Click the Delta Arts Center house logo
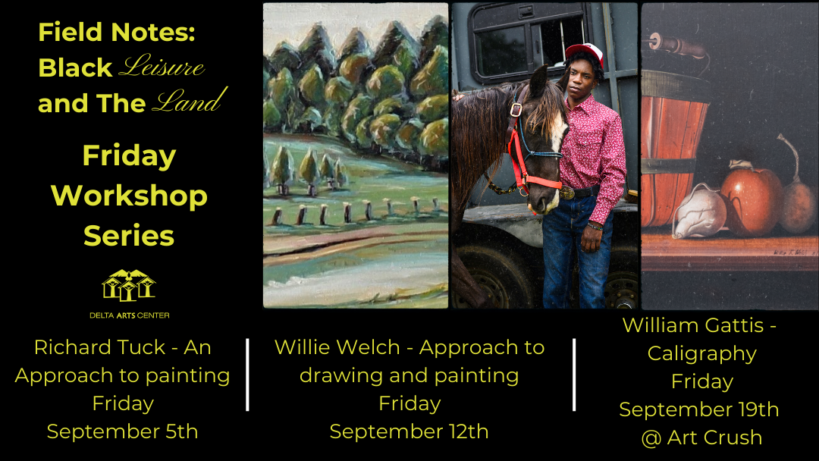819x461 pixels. coord(128,285)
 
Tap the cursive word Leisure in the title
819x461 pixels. coord(162,67)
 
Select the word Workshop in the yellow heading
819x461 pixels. coord(129,196)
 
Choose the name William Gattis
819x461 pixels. coord(692,325)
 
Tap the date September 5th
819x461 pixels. coord(122,431)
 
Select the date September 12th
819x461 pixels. coord(409,431)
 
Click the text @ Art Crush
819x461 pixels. coord(700,437)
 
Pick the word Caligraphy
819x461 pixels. coord(701,353)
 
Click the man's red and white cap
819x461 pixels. coord(585,54)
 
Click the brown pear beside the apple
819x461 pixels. coord(799,205)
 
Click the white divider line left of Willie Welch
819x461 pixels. coord(248,375)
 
